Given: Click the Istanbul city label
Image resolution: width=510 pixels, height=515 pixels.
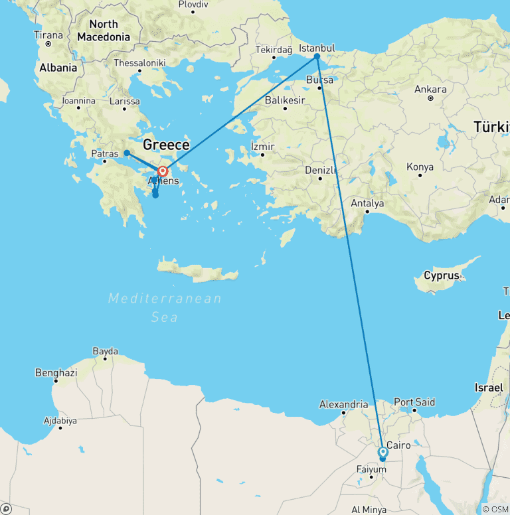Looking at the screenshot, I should click(317, 48).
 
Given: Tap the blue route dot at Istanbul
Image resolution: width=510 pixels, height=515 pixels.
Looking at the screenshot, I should click(317, 56).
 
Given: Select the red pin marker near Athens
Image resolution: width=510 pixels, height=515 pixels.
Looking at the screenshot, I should click(163, 171).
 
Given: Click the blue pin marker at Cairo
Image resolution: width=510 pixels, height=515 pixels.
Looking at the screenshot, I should click(382, 453).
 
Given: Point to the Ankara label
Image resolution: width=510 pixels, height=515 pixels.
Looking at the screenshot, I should click(430, 90).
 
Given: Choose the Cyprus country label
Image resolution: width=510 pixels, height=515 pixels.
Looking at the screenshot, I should click(442, 275).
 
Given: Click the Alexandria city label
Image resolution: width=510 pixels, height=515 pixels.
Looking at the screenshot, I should click(343, 404).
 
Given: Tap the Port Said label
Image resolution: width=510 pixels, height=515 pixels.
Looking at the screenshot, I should click(414, 402).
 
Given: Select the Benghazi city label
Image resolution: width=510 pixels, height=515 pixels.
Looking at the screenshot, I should click(56, 373).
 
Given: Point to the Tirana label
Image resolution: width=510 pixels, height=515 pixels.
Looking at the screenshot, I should click(48, 35).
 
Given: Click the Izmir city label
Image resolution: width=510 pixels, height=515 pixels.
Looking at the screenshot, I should click(263, 146).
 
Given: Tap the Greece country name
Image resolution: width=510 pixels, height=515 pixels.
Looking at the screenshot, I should click(167, 144).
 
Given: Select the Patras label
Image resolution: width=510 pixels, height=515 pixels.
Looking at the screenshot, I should click(105, 153).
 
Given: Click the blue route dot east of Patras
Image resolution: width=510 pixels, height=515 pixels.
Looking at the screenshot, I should click(127, 153).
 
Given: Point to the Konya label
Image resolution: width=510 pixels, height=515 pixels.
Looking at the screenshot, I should click(420, 167).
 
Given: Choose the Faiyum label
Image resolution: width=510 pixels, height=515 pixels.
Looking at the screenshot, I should click(371, 470).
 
